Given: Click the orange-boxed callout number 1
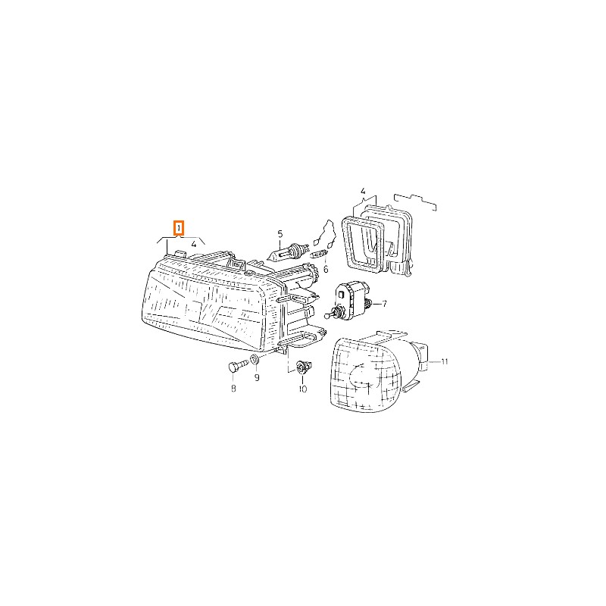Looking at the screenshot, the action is click(x=178, y=229).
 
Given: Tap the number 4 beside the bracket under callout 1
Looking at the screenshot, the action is click(x=194, y=244).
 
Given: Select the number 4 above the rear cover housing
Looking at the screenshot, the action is click(x=363, y=191).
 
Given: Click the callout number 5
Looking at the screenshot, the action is click(x=280, y=234).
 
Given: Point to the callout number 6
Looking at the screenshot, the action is click(x=326, y=269).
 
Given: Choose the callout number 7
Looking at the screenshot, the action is click(x=384, y=305).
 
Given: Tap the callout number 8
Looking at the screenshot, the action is click(x=233, y=388).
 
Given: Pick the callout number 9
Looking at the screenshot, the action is click(x=257, y=377).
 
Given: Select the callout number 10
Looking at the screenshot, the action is click(x=302, y=389).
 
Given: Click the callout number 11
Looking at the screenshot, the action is click(x=445, y=362).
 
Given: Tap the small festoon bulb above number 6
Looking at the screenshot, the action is click(x=320, y=254).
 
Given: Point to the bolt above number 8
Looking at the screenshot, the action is click(x=238, y=366).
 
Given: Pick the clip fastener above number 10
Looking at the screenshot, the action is click(x=302, y=367).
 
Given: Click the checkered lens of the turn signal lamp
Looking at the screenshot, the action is click(x=365, y=374).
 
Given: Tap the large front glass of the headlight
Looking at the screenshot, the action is click(x=205, y=305).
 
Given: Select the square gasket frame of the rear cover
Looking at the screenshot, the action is click(x=364, y=242).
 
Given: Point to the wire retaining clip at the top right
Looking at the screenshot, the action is click(x=415, y=201).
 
